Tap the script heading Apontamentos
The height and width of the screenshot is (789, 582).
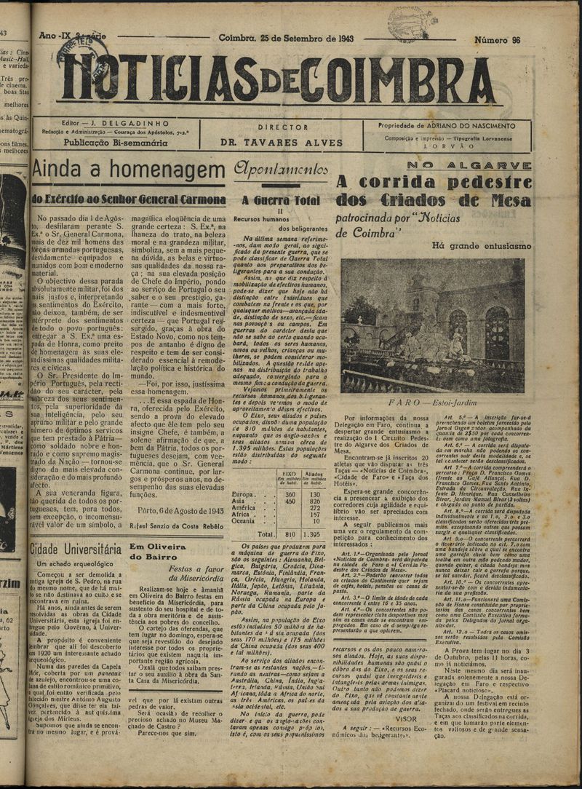click(280, 170)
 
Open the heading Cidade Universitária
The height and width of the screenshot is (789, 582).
click(76, 548)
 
